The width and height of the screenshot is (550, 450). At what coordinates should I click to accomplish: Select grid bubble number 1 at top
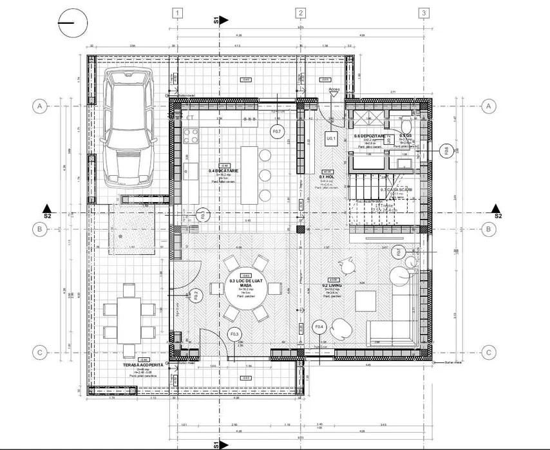178,13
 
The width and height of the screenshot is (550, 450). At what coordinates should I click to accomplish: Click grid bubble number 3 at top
423,13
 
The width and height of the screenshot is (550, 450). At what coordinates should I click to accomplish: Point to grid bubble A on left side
40,106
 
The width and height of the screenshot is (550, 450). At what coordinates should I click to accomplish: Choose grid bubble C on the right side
489,352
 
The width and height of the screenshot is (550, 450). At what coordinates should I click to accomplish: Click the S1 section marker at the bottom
220,444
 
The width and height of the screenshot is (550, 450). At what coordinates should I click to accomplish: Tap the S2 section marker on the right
497,211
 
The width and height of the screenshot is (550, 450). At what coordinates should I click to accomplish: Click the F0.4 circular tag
320,328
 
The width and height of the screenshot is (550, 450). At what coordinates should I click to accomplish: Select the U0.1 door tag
332,138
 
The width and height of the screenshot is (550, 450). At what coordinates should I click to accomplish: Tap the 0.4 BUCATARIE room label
223,171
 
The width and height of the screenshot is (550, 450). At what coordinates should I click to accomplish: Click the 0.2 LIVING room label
332,285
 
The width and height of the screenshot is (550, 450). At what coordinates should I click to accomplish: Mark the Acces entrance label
334,89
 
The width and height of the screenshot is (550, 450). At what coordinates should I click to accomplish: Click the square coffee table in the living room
366,301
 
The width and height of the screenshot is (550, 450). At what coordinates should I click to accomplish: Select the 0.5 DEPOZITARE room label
369,136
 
